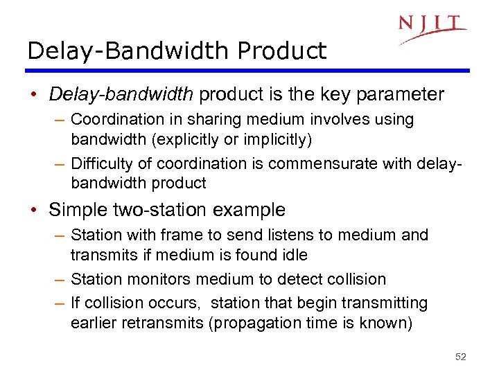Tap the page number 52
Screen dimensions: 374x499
click(x=461, y=357)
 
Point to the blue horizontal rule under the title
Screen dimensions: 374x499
click(x=248, y=70)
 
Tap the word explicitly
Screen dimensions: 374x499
click(x=181, y=139)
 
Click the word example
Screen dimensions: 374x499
click(x=251, y=209)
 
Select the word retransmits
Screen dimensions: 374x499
click(x=161, y=323)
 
